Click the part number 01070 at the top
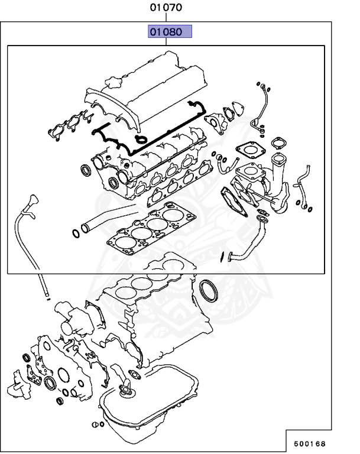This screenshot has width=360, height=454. point(166,8)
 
